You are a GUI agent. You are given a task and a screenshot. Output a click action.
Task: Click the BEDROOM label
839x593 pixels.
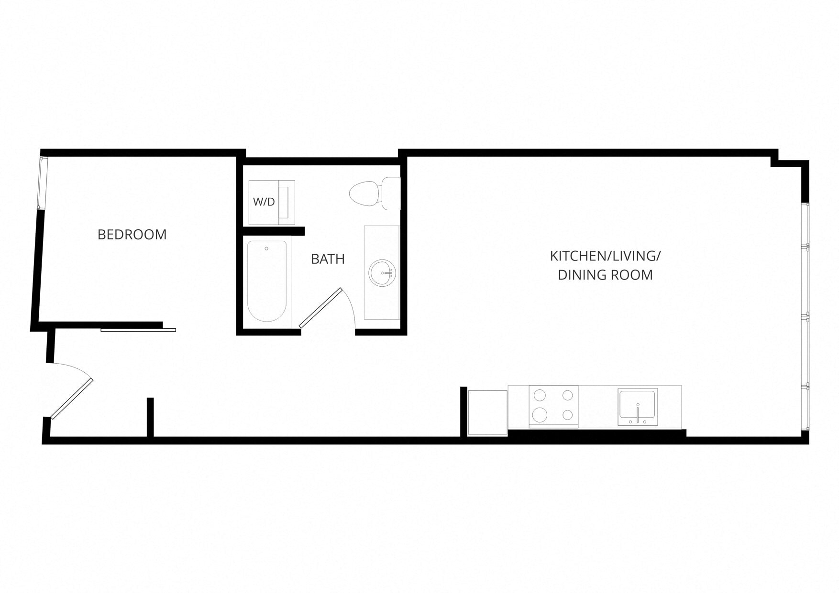(x=132, y=235)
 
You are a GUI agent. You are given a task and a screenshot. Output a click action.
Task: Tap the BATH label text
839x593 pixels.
(x=328, y=259)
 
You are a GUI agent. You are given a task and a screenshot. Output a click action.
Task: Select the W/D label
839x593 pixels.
(x=264, y=202)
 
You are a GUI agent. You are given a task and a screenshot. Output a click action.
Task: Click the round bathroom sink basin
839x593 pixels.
(x=382, y=273)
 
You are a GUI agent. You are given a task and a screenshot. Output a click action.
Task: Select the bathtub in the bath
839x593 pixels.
(x=266, y=281)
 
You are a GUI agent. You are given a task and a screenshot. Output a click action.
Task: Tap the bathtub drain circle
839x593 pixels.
(x=266, y=248)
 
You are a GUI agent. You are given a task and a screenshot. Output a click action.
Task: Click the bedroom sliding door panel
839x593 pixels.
(x=138, y=330)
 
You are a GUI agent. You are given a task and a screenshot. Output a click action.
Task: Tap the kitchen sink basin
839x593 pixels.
(x=637, y=404)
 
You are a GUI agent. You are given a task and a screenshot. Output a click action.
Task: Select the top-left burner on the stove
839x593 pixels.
(x=540, y=395)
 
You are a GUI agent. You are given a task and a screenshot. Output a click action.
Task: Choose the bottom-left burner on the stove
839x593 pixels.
(x=540, y=414)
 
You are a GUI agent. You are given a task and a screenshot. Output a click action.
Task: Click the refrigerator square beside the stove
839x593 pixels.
(x=487, y=412)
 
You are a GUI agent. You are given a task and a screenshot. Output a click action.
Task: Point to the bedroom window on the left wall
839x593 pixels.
(x=43, y=183)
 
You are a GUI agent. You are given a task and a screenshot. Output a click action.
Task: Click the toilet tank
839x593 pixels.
(x=391, y=194)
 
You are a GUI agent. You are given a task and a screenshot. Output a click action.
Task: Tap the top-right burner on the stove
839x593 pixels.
(x=568, y=395)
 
